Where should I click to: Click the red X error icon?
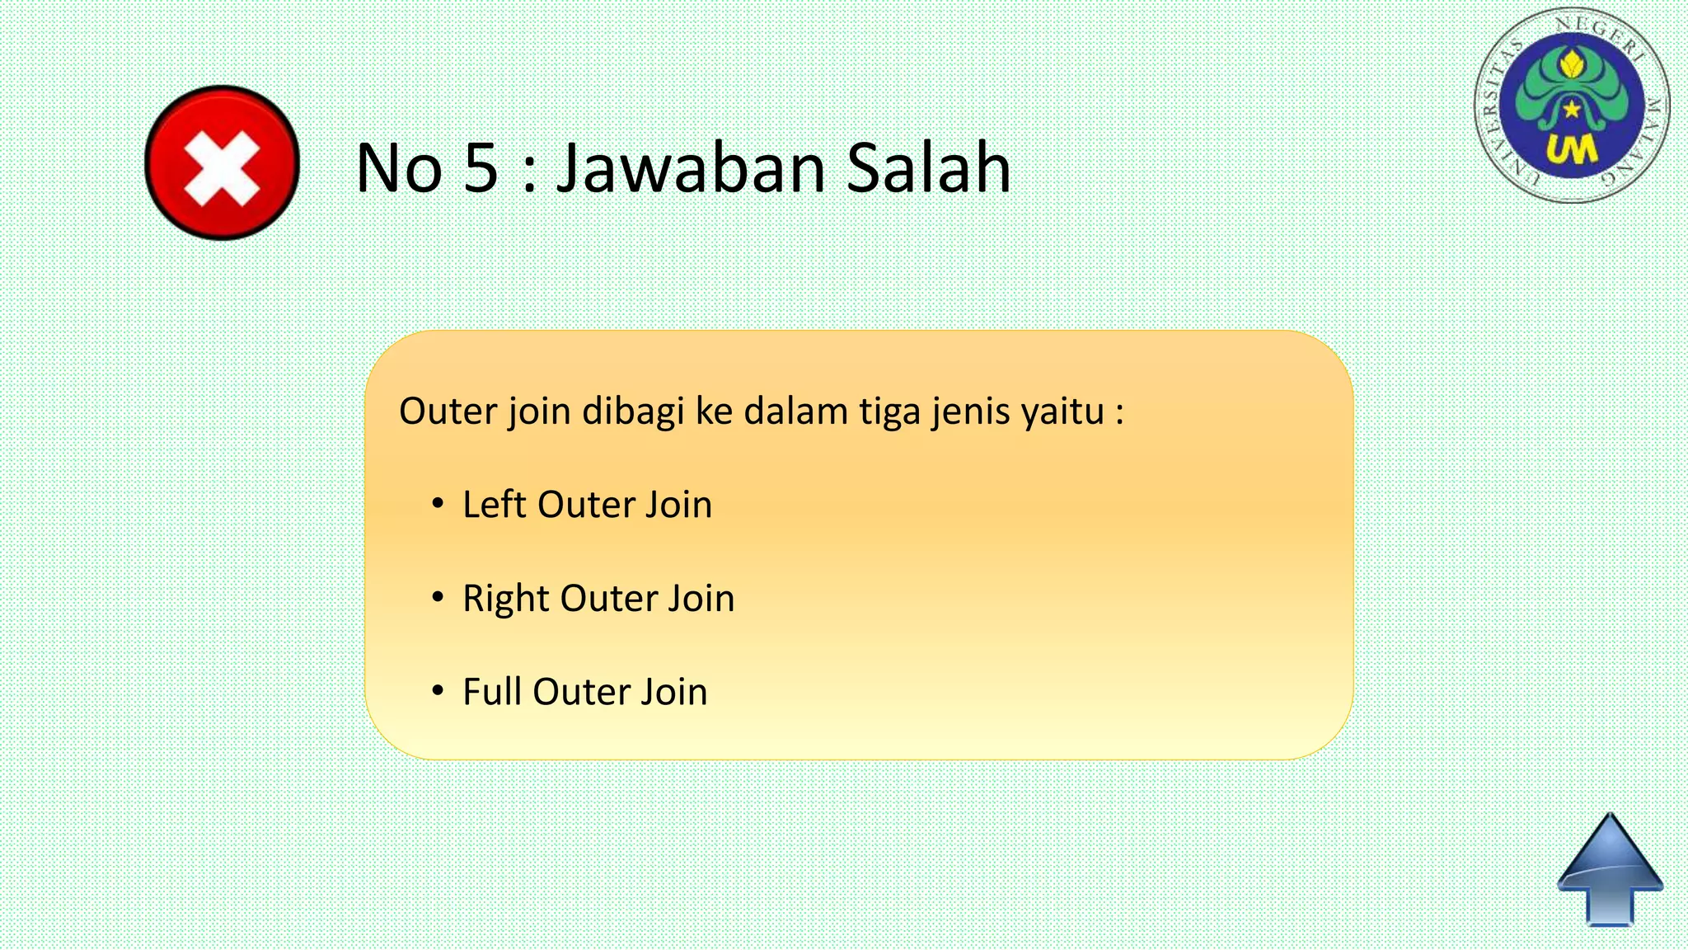(x=222, y=162)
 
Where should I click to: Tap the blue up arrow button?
(x=1610, y=870)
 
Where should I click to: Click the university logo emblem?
(x=1572, y=106)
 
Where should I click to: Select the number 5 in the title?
(x=481, y=168)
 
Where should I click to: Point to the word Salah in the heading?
(x=928, y=168)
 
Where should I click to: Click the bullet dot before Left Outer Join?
(x=438, y=502)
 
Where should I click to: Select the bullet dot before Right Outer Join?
(x=438, y=596)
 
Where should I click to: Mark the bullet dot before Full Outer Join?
(x=438, y=689)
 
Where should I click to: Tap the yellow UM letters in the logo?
(x=1572, y=150)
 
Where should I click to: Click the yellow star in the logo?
(x=1573, y=108)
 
